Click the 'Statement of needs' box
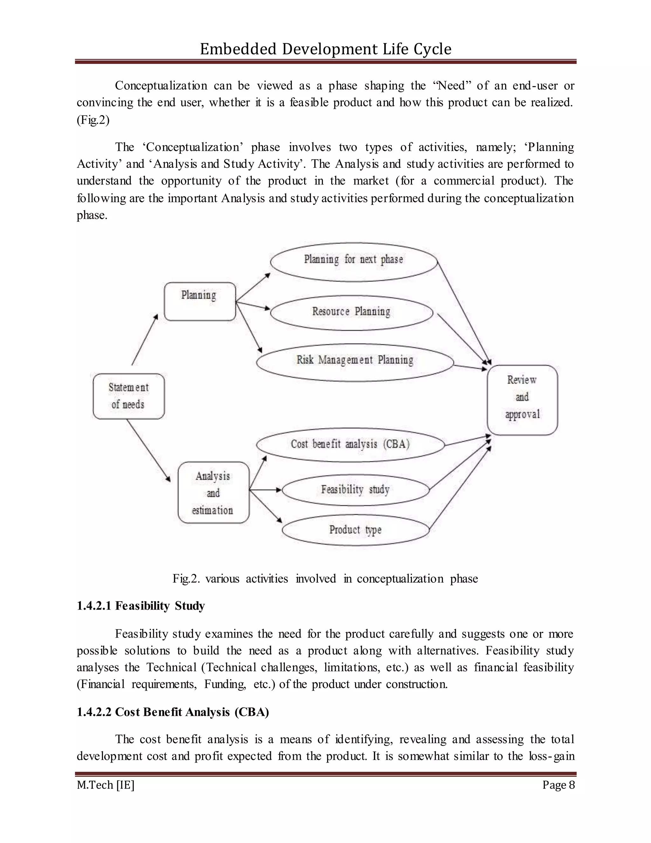click(x=128, y=396)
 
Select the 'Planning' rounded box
click(x=200, y=302)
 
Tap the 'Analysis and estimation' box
click(x=213, y=492)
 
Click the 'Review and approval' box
click(x=522, y=400)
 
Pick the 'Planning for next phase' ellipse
click(x=354, y=262)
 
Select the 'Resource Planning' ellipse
click(x=351, y=313)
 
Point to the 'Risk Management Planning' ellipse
click(x=355, y=362)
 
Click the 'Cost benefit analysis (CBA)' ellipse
click(x=350, y=445)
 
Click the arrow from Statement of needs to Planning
click(x=145, y=340)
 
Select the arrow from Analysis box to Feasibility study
click(x=266, y=490)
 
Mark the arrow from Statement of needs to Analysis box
click(x=148, y=450)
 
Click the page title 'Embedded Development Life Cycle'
click(x=325, y=49)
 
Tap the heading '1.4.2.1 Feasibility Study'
click(x=141, y=606)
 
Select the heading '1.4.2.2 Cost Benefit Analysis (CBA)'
click(x=173, y=712)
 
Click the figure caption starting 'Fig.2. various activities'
click(x=325, y=579)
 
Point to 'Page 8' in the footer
click(x=558, y=785)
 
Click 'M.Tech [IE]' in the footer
click(x=105, y=785)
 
